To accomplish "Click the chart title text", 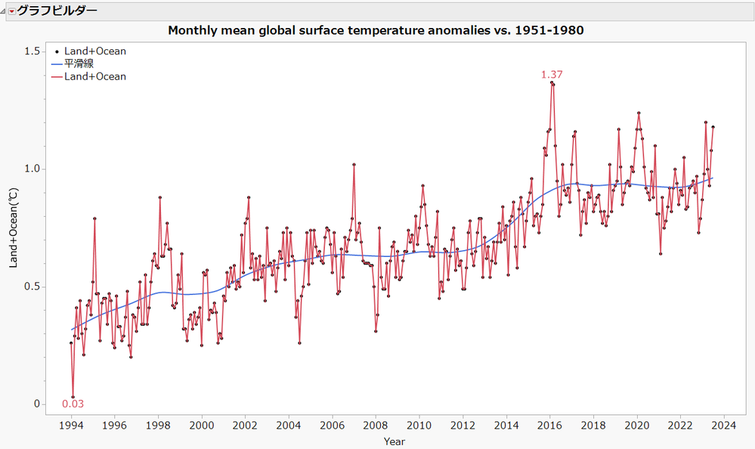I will (x=376, y=31).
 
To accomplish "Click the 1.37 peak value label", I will (x=552, y=74).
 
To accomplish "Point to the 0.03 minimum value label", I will (x=73, y=404).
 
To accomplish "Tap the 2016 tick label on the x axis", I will (x=549, y=426).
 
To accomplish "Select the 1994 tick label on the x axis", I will (x=71, y=426).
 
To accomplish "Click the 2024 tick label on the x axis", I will (x=724, y=426).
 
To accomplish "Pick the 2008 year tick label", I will (x=376, y=426).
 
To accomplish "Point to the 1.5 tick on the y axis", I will (x=32, y=51).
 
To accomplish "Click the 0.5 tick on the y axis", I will (x=32, y=286).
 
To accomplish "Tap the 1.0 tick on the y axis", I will (x=32, y=169).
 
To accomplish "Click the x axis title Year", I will (x=394, y=441).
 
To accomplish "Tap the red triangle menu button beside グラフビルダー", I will (x=11, y=11).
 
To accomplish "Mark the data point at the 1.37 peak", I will (x=552, y=83).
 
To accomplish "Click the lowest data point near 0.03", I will (x=73, y=397).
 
